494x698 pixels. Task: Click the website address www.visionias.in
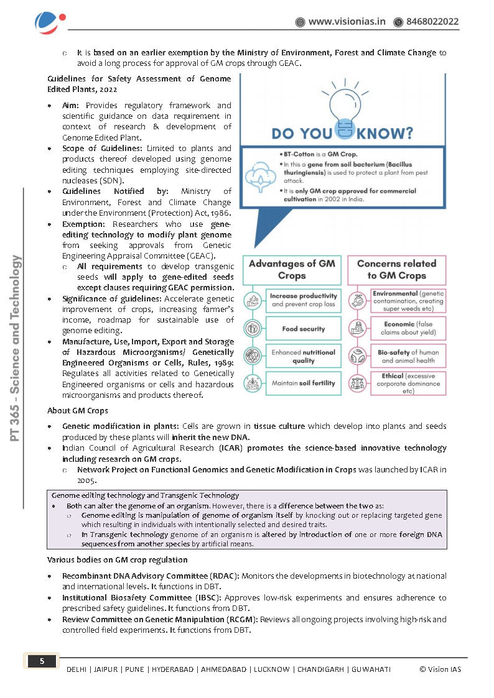[347, 22]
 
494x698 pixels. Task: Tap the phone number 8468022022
[432, 22]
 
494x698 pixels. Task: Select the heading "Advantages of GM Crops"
[292, 269]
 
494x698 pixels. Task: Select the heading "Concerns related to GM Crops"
[396, 269]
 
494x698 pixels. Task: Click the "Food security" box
[303, 329]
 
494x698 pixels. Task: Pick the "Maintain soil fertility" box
[303, 383]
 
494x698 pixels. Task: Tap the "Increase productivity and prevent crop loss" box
[303, 300]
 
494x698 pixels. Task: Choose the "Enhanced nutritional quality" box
[303, 356]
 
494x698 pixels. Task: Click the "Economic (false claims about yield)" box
[408, 328]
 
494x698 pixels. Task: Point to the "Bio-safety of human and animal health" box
[408, 356]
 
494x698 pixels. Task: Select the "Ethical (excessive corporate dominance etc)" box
[408, 383]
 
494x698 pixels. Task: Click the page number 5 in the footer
[42, 661]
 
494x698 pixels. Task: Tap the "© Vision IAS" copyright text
[440, 669]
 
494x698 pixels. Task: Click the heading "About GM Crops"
[78, 411]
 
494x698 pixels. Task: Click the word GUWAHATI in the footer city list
[371, 669]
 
